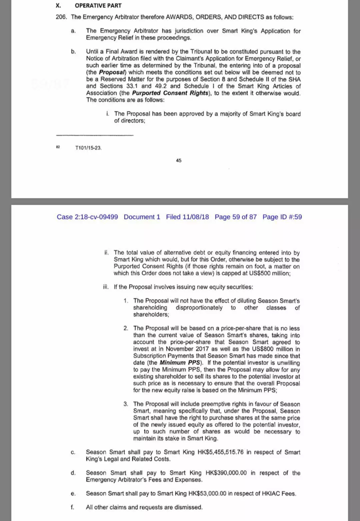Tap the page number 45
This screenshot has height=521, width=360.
click(x=179, y=161)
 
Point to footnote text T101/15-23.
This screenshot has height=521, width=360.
click(x=89, y=148)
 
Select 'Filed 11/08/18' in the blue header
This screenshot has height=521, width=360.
click(x=188, y=217)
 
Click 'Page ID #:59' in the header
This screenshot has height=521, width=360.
click(x=282, y=217)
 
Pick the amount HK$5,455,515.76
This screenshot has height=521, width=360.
click(x=222, y=452)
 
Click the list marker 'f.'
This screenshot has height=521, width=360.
click(x=72, y=507)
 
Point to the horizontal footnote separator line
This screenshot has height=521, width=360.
click(x=95, y=136)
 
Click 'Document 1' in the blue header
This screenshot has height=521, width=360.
click(x=142, y=217)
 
